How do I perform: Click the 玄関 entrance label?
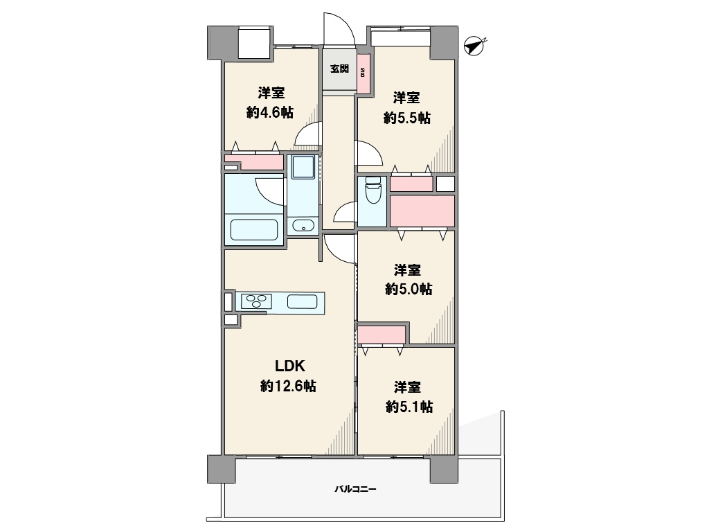(x=339, y=69)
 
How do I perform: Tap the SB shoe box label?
(x=363, y=72)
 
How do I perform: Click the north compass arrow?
(x=474, y=46)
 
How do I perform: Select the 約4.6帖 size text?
(x=270, y=112)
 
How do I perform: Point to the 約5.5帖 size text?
(x=407, y=118)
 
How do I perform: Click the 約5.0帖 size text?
(x=409, y=289)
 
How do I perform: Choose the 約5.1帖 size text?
(x=409, y=407)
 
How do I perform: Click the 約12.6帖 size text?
(x=288, y=386)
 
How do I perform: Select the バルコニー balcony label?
(x=355, y=489)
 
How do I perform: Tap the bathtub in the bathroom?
(x=253, y=230)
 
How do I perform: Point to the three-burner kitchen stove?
(x=256, y=301)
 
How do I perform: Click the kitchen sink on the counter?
(x=302, y=301)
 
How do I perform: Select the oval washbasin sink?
(x=303, y=225)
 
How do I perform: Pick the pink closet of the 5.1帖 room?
(x=382, y=335)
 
